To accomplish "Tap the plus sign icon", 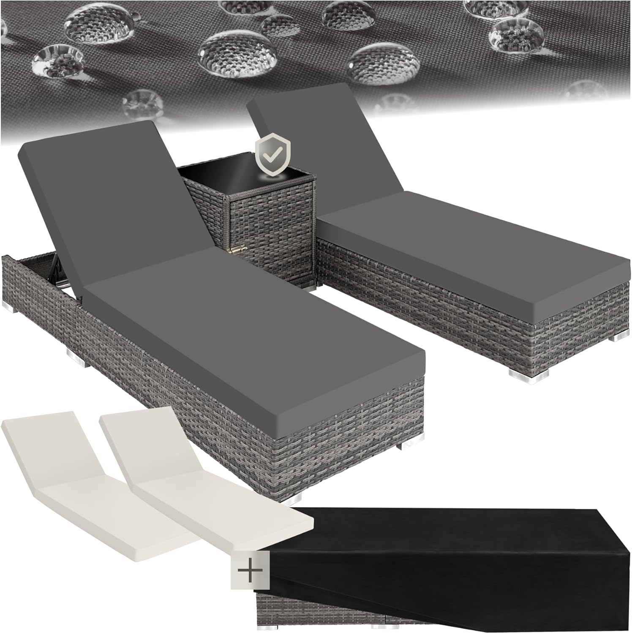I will point(250,570).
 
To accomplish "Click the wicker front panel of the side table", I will point(270,241).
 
